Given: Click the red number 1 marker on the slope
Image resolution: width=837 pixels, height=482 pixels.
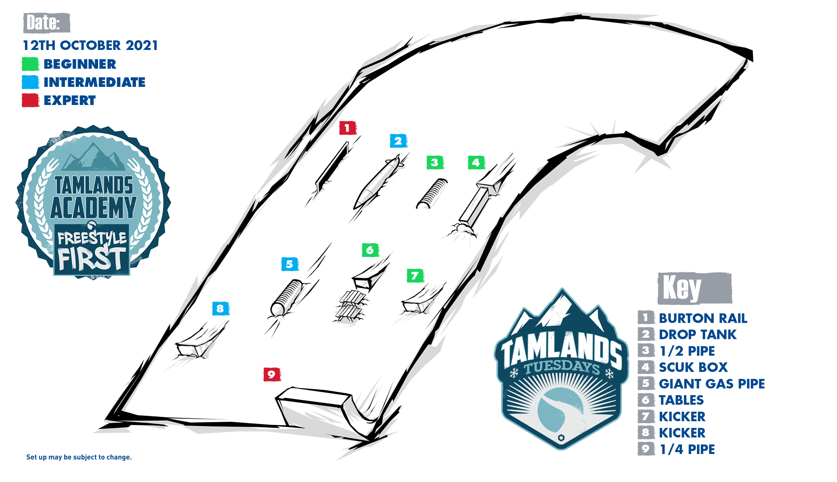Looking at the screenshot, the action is pyautogui.click(x=347, y=128).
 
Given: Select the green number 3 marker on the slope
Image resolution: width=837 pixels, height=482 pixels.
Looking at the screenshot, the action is pyautogui.click(x=435, y=163).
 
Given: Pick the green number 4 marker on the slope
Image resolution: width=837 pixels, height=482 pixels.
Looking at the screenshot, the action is pyautogui.click(x=476, y=163).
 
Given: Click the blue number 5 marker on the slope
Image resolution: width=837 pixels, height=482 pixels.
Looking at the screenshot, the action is pyautogui.click(x=290, y=264).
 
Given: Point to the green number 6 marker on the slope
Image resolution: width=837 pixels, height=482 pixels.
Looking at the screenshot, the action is pyautogui.click(x=370, y=250).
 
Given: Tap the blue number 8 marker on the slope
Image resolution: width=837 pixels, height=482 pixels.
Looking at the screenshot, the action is pyautogui.click(x=220, y=309).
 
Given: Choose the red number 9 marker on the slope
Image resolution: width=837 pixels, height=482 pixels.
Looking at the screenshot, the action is pyautogui.click(x=272, y=374).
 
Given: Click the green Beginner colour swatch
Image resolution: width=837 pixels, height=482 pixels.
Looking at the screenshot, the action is pyautogui.click(x=30, y=64).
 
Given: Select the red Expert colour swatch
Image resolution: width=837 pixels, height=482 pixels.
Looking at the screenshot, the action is pyautogui.click(x=30, y=100).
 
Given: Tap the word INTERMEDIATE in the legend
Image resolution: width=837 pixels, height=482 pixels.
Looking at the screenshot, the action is pyautogui.click(x=95, y=82).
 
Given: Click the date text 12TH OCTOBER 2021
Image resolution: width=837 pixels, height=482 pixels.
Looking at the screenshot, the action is pyautogui.click(x=90, y=45).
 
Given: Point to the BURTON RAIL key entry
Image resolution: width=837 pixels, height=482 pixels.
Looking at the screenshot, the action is pyautogui.click(x=703, y=318).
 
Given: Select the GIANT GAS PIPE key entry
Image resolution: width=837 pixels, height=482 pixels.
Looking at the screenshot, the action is pyautogui.click(x=712, y=384).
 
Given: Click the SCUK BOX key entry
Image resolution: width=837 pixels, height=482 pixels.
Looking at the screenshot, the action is pyautogui.click(x=693, y=367).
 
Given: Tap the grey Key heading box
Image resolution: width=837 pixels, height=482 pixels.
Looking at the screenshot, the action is pyautogui.click(x=695, y=288).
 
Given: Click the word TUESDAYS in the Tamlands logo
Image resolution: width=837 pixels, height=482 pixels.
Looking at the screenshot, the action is pyautogui.click(x=562, y=367).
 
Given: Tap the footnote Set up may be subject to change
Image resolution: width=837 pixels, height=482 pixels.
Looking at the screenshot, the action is pyautogui.click(x=79, y=457).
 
